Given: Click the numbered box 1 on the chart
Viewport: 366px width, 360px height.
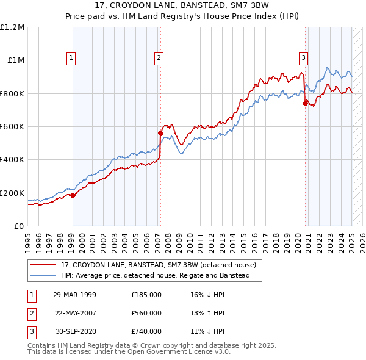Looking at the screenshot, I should pos(71,58).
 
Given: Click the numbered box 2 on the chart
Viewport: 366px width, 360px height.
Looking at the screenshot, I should pos(159,58).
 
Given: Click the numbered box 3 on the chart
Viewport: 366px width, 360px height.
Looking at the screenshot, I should pos(303,58).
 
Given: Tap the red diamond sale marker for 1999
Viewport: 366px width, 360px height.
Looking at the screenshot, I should pos(73,195).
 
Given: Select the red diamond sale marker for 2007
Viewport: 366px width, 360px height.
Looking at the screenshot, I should pos(161,133).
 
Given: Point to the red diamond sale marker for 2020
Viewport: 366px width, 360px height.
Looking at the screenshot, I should pos(306,103).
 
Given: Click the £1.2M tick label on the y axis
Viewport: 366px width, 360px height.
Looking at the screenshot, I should pos(12,27).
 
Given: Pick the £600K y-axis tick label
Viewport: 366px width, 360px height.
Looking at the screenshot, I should pos(12,127).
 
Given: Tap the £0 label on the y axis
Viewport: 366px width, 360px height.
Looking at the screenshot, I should pos(19,226).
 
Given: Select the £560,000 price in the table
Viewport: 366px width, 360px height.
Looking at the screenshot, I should pos(146,313).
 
